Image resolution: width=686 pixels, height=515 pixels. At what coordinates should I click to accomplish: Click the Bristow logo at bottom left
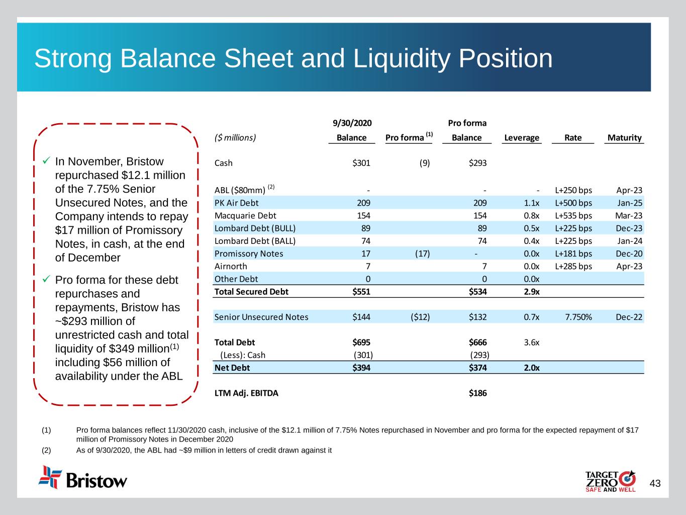83,478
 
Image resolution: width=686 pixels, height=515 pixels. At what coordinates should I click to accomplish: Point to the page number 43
655,484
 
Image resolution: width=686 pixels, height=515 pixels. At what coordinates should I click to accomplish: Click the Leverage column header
521,138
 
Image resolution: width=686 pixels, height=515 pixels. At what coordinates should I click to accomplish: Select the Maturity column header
624,138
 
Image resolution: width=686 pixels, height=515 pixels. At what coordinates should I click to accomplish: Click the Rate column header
573,138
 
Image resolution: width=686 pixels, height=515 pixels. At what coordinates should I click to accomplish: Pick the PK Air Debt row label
236,203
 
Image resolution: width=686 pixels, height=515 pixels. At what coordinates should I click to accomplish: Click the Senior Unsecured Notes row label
261,317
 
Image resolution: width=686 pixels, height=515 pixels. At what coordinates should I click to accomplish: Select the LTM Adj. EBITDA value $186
477,393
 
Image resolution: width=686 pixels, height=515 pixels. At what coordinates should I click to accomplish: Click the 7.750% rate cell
578,317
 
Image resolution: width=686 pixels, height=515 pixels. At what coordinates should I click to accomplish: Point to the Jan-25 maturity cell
630,203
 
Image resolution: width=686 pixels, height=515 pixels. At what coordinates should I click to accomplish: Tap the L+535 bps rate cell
573,216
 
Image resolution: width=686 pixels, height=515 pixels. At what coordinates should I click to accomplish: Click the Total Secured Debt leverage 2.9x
531,292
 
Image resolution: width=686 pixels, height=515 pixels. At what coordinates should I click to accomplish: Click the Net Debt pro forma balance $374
477,368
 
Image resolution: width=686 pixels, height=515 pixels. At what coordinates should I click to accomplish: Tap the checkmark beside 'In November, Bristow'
46,161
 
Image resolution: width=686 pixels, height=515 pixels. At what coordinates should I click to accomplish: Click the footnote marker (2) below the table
46,450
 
